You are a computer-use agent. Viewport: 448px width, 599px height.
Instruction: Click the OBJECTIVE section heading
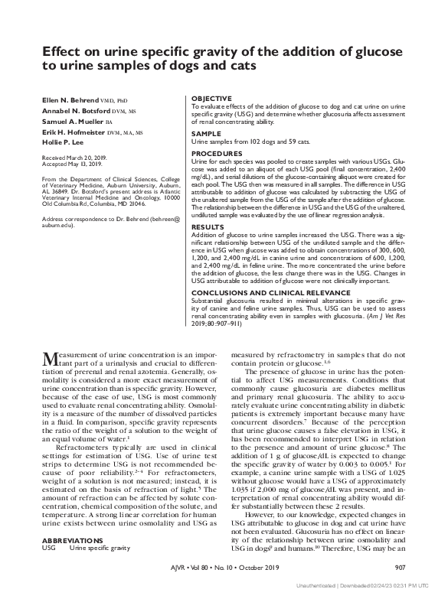coord(211,99)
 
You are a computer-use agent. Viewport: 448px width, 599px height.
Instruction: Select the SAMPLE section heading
coord(204,134)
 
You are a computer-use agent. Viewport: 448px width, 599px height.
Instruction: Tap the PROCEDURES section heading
coord(217,154)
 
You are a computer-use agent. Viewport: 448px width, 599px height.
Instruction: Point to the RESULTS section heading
coord(208,227)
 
